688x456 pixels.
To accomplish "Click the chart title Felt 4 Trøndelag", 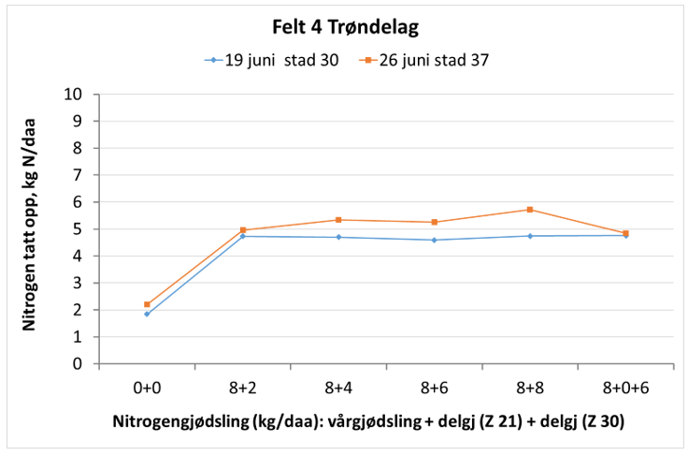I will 345,26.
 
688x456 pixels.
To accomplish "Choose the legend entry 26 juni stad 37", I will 426,60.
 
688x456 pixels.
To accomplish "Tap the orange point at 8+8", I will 530,210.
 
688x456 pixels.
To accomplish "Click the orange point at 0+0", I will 147,304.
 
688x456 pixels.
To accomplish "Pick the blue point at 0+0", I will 147,314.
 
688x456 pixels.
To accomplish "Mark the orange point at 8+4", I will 338,220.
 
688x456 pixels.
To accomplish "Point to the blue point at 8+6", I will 434,240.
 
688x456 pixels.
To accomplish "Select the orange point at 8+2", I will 243,230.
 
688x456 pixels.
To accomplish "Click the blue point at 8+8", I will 530,236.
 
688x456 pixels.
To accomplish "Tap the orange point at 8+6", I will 434,222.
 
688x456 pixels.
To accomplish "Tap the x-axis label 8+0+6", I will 625,386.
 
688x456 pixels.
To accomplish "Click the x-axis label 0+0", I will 147,386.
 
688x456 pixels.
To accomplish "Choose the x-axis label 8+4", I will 338,386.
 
